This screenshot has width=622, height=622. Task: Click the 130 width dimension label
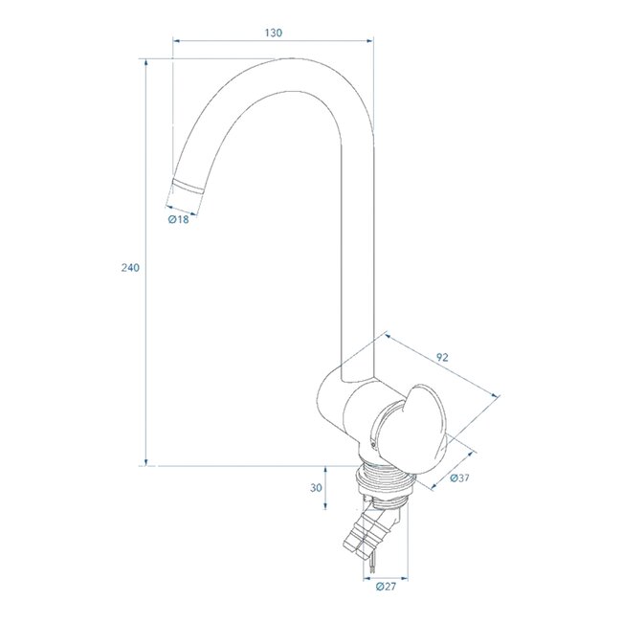pos(272,33)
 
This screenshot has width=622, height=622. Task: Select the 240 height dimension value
pos(131,268)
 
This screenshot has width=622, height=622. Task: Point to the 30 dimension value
pos(316,487)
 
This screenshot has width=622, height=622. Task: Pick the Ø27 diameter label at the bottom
pos(387,586)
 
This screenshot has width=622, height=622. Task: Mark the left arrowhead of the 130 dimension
pos(175,41)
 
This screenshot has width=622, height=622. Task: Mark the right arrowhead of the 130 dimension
pos(369,41)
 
